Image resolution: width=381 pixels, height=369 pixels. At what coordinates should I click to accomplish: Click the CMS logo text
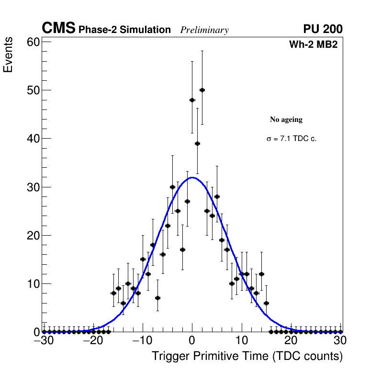(58, 29)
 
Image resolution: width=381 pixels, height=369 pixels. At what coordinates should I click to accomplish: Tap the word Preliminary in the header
(204, 30)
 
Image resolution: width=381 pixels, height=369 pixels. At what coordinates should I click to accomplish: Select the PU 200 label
(323, 29)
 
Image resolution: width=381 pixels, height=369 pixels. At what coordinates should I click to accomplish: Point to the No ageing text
(286, 119)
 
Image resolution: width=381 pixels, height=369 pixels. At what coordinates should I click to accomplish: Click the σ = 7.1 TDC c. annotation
(291, 139)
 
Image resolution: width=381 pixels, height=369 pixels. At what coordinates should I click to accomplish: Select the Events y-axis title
(8, 56)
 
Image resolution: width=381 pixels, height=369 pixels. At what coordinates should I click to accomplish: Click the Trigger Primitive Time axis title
(247, 356)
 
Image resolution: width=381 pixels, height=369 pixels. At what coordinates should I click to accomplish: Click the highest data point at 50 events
(202, 90)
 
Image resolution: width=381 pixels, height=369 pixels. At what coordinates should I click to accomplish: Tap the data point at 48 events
(192, 100)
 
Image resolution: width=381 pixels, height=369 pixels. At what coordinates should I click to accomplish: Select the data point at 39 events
(197, 143)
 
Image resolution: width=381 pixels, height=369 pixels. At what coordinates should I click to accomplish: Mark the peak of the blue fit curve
(192, 177)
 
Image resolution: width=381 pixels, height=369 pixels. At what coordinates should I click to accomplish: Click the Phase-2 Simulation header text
(124, 30)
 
